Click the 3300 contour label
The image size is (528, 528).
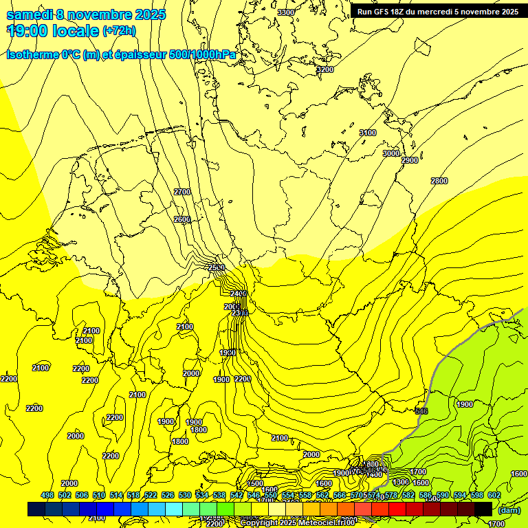pyautogui.click(x=286, y=12)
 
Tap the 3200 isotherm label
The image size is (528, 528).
pyautogui.click(x=324, y=69)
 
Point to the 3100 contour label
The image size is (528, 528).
pyautogui.click(x=368, y=133)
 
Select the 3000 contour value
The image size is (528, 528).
pyautogui.click(x=390, y=153)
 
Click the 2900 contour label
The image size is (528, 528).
pyautogui.click(x=410, y=160)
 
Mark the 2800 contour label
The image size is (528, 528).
pyautogui.click(x=439, y=181)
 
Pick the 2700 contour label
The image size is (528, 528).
pyautogui.click(x=182, y=192)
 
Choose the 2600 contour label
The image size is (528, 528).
pyautogui.click(x=182, y=219)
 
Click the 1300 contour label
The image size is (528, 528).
pyautogui.click(x=401, y=483)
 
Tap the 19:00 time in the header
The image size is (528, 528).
pyautogui.click(x=27, y=30)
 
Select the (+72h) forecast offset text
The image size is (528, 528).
pyautogui.click(x=119, y=31)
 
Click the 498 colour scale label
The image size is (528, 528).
pyautogui.click(x=47, y=495)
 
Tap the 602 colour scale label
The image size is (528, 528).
pyautogui.click(x=494, y=495)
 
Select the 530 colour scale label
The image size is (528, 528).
pyautogui.click(x=184, y=495)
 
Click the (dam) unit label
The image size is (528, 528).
pyautogui.click(x=509, y=510)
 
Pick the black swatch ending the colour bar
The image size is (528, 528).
pyautogui.click(x=483, y=509)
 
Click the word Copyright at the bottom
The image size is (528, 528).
pyautogui.click(x=261, y=523)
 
